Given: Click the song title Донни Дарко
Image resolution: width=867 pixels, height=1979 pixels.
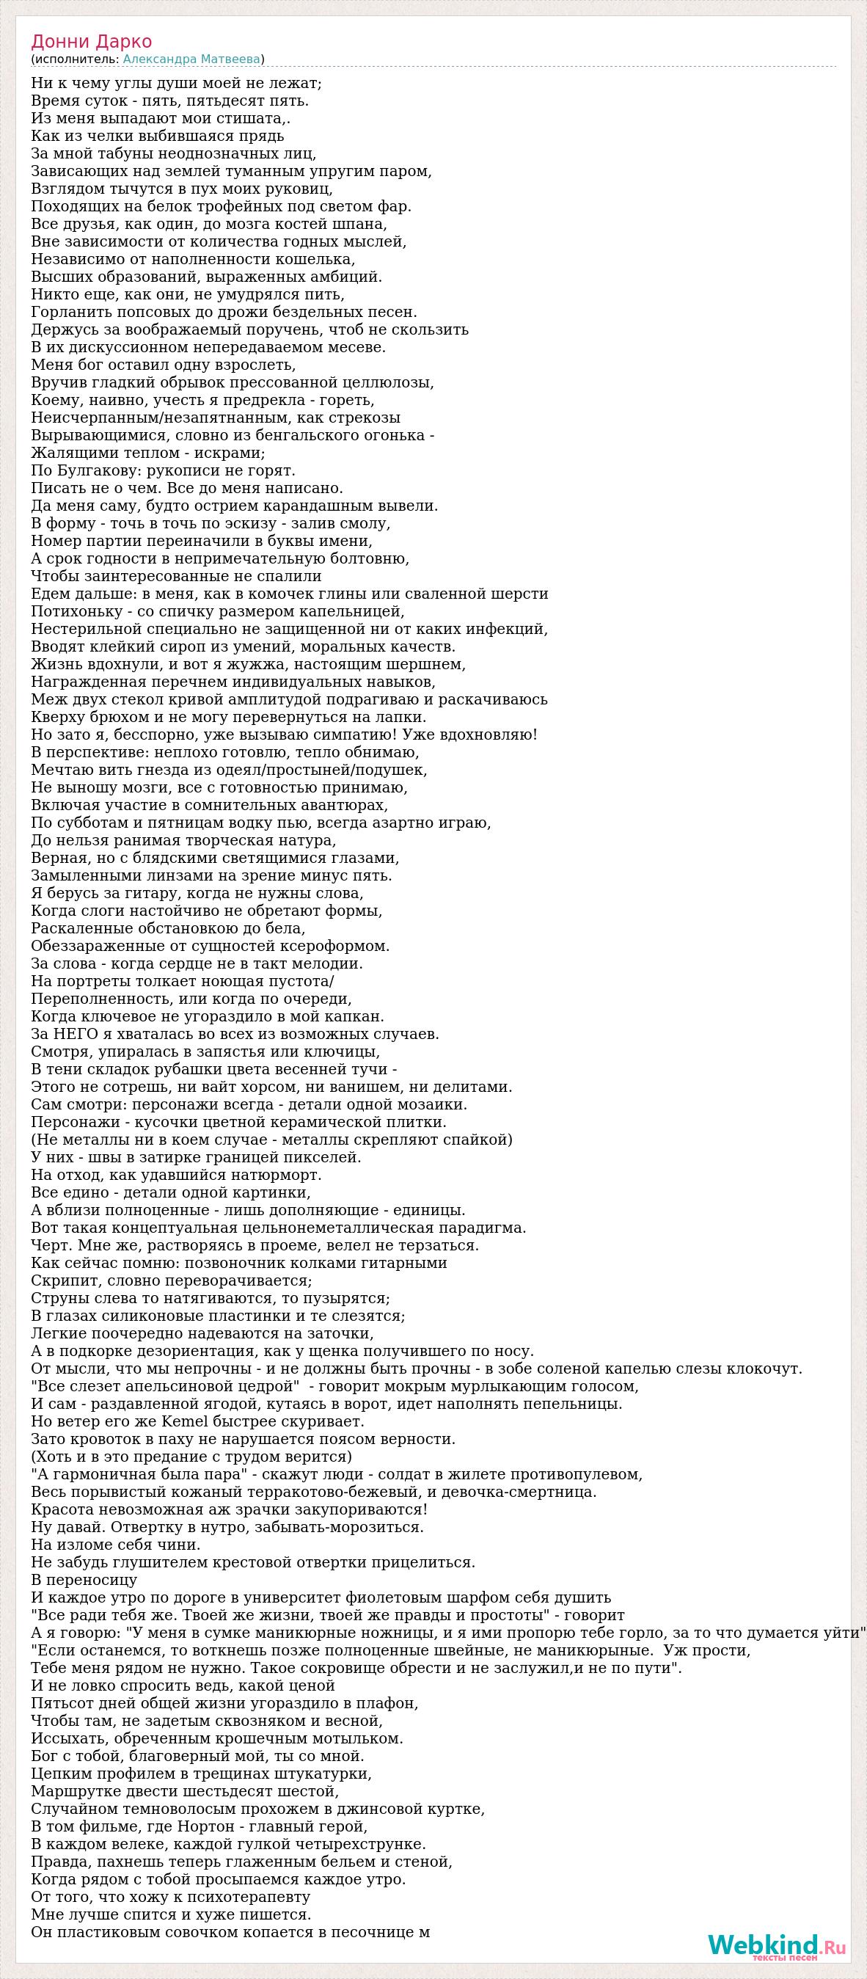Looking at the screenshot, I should click(x=92, y=42).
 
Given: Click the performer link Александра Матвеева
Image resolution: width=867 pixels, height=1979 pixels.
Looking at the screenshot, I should click(x=191, y=59).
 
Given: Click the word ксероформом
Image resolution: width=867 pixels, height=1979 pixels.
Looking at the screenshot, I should click(x=334, y=946).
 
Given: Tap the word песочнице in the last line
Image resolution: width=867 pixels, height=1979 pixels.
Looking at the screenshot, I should click(x=369, y=1931).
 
